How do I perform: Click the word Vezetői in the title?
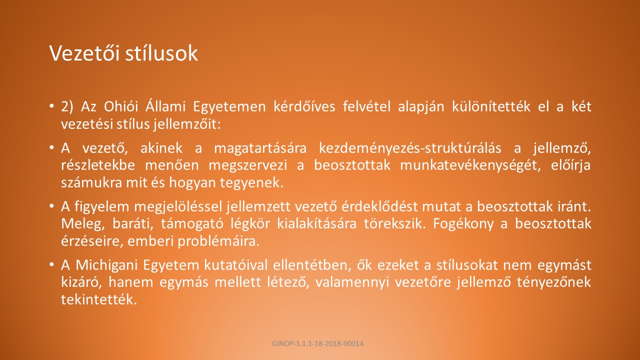(x=84, y=53)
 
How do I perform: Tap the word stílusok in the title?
(x=161, y=53)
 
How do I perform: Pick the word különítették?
(x=491, y=106)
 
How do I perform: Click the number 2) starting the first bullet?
(x=67, y=107)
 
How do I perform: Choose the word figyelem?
(x=102, y=207)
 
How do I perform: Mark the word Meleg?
(x=83, y=224)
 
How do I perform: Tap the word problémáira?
(x=218, y=241)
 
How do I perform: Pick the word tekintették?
(x=99, y=299)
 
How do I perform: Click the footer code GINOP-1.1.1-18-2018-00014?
(x=317, y=343)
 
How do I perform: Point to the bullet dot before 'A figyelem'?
(x=51, y=206)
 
